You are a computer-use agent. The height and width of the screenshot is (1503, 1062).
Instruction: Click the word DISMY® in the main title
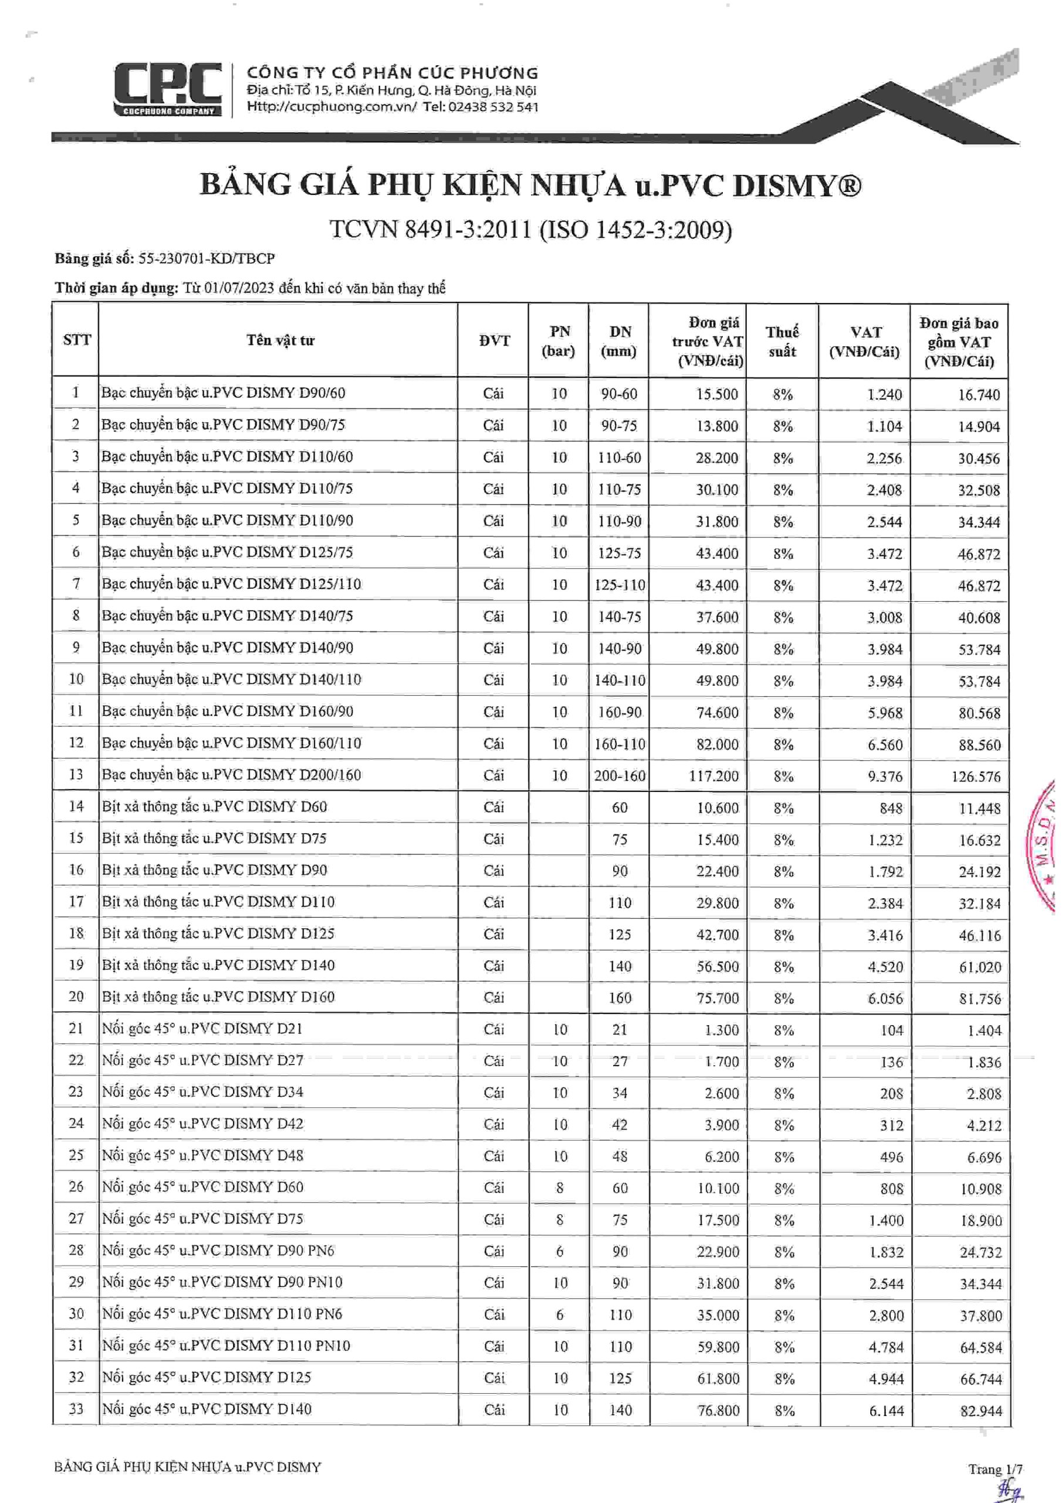click(796, 186)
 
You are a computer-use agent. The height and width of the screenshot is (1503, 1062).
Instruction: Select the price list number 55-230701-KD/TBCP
click(206, 258)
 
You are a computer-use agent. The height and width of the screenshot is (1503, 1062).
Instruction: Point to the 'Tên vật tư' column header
click(280, 341)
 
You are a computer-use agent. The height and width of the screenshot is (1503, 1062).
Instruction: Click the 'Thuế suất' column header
click(782, 341)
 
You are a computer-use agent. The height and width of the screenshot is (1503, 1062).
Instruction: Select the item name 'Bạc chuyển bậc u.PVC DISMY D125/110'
click(231, 584)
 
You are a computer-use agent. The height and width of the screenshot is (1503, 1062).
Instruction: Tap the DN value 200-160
click(619, 776)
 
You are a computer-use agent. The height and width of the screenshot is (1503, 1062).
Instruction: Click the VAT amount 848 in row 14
click(891, 808)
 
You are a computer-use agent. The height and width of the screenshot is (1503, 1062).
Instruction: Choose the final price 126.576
click(976, 777)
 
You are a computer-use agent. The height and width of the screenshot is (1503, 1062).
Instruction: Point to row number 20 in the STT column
click(76, 996)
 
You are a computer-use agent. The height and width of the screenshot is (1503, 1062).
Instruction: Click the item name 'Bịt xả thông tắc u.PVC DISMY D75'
click(214, 838)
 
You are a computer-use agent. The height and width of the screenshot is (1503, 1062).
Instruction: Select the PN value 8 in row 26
click(560, 1188)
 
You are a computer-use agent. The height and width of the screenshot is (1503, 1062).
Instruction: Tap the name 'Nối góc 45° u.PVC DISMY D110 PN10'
click(226, 1346)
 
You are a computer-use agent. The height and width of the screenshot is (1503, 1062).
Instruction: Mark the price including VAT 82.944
click(981, 1411)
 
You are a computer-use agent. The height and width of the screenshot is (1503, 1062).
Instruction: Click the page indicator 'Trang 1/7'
click(995, 1469)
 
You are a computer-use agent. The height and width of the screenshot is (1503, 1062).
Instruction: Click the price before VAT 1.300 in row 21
click(721, 1030)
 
